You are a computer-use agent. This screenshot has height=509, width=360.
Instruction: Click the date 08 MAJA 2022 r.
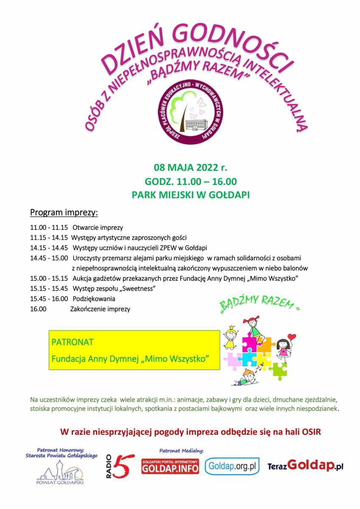(x=190, y=167)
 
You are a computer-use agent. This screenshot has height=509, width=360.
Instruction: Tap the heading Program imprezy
(x=64, y=212)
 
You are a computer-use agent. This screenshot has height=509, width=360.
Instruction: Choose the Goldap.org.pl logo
(x=232, y=466)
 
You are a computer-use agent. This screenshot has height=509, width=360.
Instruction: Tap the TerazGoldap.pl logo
(x=305, y=466)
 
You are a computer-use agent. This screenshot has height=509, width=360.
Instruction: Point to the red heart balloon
(x=292, y=337)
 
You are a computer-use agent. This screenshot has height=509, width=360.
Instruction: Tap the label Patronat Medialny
(x=181, y=450)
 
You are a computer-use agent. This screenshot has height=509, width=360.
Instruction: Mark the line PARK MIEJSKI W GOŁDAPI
(x=190, y=196)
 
